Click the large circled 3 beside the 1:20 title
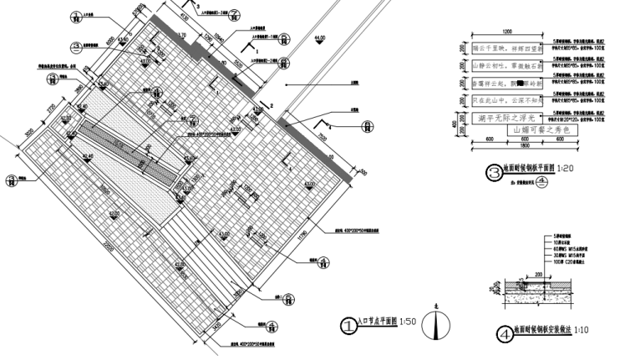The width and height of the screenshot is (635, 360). (x=492, y=174)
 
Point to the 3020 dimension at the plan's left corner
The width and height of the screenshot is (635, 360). (x=28, y=134)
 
